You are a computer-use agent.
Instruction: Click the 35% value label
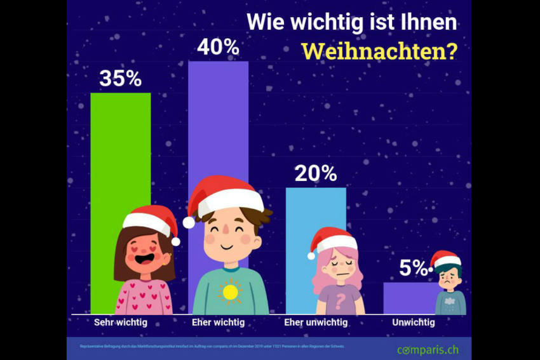[x=120, y=79]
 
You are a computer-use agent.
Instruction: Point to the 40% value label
[x=218, y=47]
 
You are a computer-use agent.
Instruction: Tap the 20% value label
[x=316, y=173]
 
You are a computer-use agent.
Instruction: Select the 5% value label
[x=413, y=269]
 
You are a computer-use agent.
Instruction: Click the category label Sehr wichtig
[x=120, y=323]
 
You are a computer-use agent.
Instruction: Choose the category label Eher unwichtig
[x=315, y=323]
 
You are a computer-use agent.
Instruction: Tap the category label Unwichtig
[x=413, y=323]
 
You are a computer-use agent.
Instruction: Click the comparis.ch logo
[x=427, y=349]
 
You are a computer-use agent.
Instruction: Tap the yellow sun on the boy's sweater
[x=230, y=292]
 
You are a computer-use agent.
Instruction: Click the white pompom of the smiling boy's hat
[x=189, y=222]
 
